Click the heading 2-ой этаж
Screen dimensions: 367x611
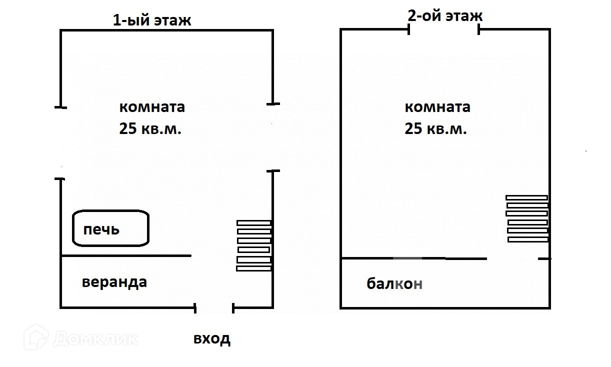pos(445,15)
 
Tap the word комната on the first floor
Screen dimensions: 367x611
pos(152,107)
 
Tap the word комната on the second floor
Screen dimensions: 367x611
pos(437,107)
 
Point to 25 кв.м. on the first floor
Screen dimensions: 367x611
pos(150,129)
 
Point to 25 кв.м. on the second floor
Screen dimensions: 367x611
pos(435,129)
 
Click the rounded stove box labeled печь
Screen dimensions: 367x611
pos(111,229)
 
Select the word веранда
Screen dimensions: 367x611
pos(114,282)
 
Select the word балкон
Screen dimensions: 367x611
pos(394,284)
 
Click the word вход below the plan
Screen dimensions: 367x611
pos(212,338)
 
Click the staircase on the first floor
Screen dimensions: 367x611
pos(254,245)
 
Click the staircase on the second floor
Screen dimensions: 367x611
pos(527,218)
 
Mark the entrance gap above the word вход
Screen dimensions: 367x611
pos(214,308)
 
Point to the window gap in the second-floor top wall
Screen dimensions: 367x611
pos(444,29)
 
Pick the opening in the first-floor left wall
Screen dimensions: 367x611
pos(60,142)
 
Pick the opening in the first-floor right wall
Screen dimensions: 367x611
pos(273,137)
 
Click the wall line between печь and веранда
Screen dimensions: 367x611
pos(125,256)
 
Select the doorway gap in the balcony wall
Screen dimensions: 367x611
pos(512,258)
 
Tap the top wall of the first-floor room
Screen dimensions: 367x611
pos(166,30)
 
